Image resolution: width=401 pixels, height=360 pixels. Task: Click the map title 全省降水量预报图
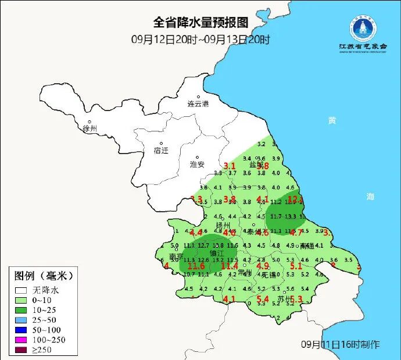[x=201, y=23]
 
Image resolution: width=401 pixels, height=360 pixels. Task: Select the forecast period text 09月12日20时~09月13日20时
[x=201, y=40]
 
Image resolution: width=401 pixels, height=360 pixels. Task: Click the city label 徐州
[x=90, y=128]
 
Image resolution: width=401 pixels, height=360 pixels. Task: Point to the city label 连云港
[x=198, y=104]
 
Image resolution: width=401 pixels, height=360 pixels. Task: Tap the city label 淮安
[x=198, y=165]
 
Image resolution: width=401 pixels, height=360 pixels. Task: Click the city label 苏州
[x=285, y=299]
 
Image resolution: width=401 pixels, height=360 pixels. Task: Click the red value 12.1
[x=296, y=199]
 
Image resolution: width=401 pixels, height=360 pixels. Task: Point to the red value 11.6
[x=198, y=266]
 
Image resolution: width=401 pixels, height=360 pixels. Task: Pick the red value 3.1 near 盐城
[x=230, y=166]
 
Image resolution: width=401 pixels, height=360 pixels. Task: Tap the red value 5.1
[x=296, y=266]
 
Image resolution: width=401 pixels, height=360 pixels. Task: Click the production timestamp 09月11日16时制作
[x=341, y=344]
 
